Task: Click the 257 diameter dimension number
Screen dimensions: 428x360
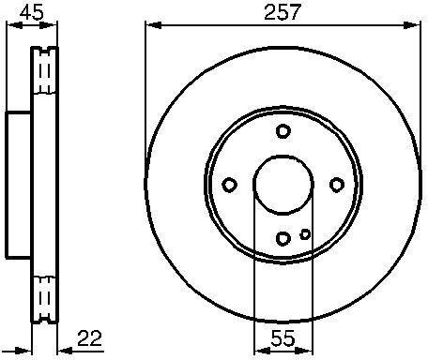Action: [283, 13]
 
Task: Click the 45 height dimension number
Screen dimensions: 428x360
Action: [32, 13]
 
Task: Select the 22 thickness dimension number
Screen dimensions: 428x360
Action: [90, 337]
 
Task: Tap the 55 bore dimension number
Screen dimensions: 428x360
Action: [283, 337]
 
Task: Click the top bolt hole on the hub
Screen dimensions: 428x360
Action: [283, 131]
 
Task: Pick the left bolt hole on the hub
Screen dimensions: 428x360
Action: [229, 185]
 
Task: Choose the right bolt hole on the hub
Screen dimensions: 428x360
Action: [337, 185]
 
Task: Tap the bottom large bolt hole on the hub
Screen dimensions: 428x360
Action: [283, 238]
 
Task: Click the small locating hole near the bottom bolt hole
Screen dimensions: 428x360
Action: [305, 233]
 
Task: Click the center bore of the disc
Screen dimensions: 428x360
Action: [283, 185]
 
